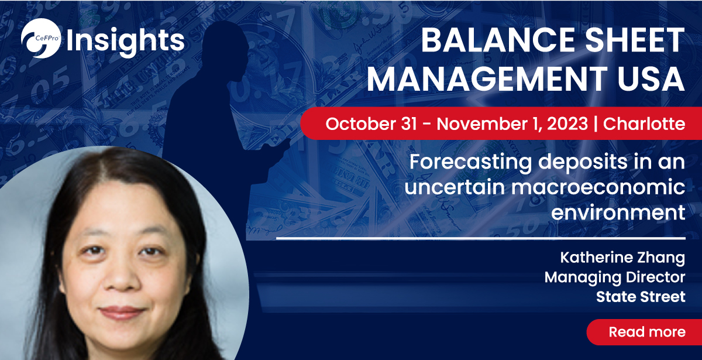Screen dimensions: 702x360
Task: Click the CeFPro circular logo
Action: (x=41, y=38)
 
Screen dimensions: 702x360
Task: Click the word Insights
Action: (x=125, y=42)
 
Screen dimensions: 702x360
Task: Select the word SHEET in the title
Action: (x=635, y=40)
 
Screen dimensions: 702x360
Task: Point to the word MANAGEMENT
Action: (x=487, y=78)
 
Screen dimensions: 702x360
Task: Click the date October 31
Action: (x=371, y=124)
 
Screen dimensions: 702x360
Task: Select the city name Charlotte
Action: (x=644, y=124)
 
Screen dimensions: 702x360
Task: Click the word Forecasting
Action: (x=471, y=163)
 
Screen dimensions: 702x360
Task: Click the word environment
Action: (x=618, y=212)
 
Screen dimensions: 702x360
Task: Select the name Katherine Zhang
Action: (x=622, y=258)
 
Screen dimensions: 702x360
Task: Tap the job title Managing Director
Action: (x=615, y=277)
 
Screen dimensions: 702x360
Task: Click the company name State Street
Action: (x=641, y=297)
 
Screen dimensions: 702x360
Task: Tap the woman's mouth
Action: (x=122, y=312)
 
